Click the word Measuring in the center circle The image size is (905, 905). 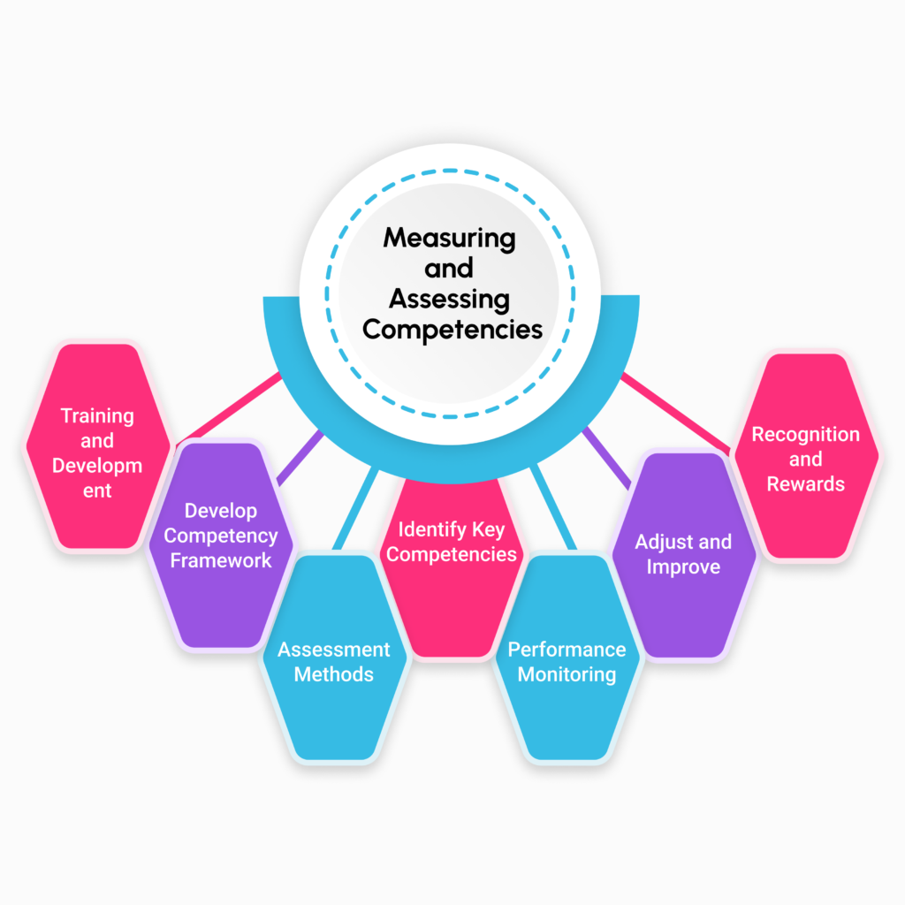pyautogui.click(x=449, y=239)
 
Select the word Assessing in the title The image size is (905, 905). pyautogui.click(x=449, y=299)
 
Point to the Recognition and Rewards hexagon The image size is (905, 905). pyautogui.click(x=805, y=460)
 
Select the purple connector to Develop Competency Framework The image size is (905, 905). pyautogui.click(x=300, y=456)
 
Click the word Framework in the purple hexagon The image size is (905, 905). pyautogui.click(x=221, y=560)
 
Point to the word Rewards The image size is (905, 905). pyautogui.click(x=805, y=483)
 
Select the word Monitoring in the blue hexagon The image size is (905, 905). pyautogui.click(x=567, y=674)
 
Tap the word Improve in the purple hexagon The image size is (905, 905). pyautogui.click(x=683, y=567)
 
